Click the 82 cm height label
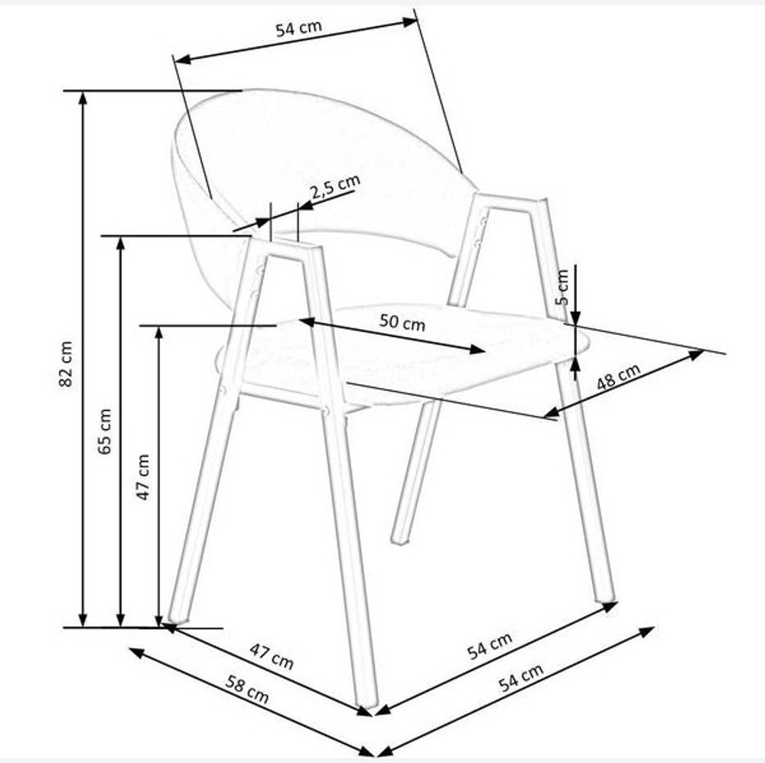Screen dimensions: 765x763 tap(66, 364)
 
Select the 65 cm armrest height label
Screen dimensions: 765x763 tap(104, 432)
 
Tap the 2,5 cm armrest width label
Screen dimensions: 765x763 tap(336, 187)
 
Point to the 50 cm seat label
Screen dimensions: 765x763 tap(402, 322)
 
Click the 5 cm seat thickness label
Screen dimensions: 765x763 tap(562, 287)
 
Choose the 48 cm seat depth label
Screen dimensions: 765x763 tap(618, 377)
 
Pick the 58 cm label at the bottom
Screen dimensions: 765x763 tap(247, 689)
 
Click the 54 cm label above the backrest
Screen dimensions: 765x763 tap(299, 28)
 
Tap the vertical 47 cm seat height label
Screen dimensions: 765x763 tap(143, 477)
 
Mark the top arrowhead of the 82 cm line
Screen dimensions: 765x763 tap(83, 98)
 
